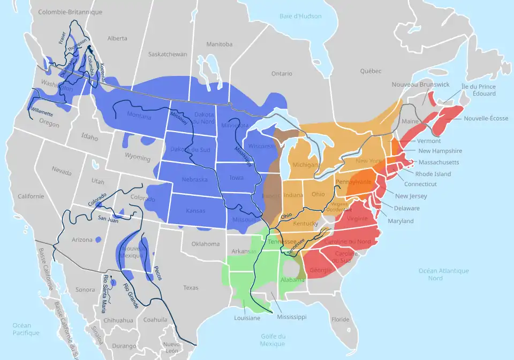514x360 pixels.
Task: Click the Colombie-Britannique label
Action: click(x=70, y=12)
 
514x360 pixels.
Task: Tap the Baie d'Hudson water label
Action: click(x=300, y=16)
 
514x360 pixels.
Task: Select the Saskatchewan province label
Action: click(x=168, y=54)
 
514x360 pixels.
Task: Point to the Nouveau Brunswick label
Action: click(x=420, y=85)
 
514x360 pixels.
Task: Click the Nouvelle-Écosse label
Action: click(x=486, y=118)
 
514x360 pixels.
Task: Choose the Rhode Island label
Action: click(x=433, y=174)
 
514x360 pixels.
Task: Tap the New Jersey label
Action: click(x=411, y=196)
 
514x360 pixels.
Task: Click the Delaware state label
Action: click(x=407, y=208)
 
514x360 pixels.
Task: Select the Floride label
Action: click(x=339, y=319)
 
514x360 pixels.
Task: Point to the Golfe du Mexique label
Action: click(x=273, y=340)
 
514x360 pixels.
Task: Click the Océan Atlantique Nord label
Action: click(x=443, y=274)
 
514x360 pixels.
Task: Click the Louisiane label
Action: click(x=247, y=318)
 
